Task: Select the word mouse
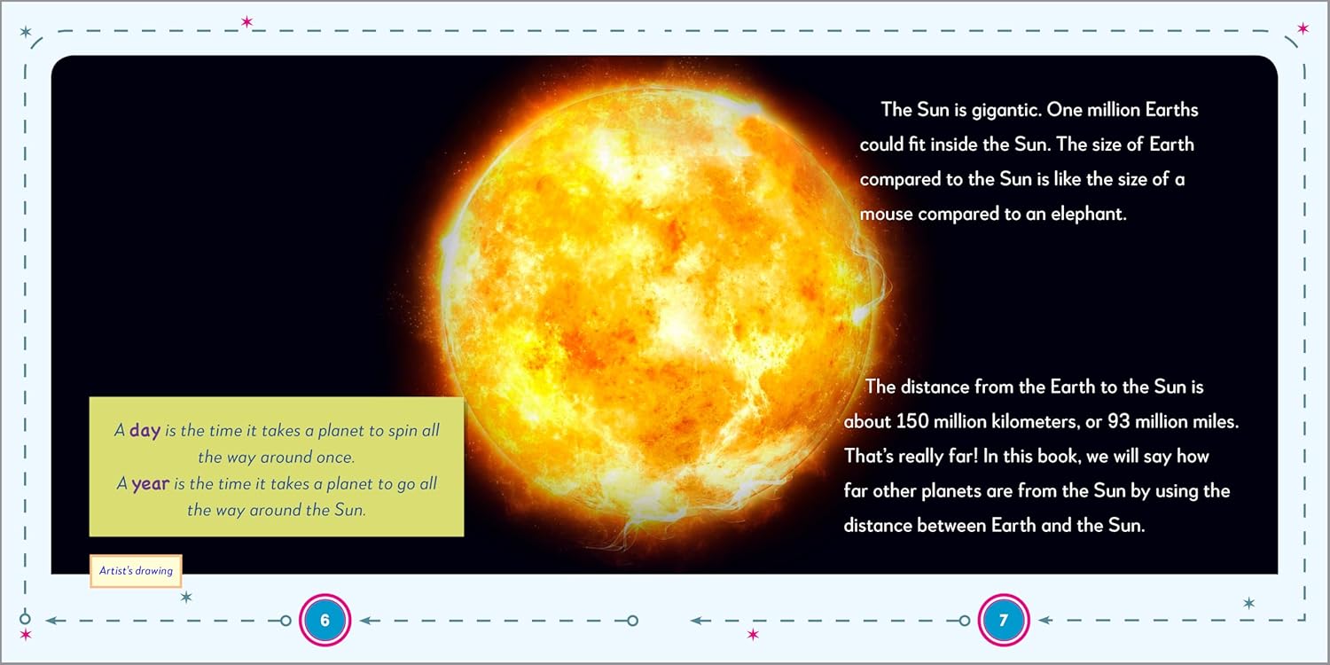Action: (x=887, y=214)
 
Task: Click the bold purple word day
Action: (x=145, y=431)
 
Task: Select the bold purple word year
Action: (x=151, y=485)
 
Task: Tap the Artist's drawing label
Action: (x=136, y=572)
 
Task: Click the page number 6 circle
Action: (x=325, y=621)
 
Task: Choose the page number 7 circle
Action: (x=1003, y=621)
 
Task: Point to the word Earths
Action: (x=1171, y=111)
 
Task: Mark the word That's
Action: (x=872, y=456)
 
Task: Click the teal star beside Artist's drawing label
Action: (x=186, y=598)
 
